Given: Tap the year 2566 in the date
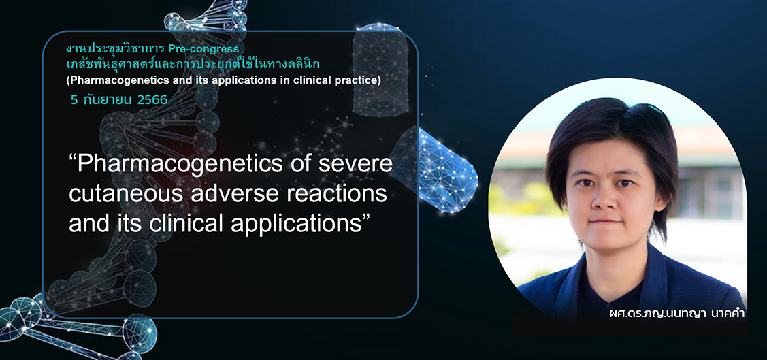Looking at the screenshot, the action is point(152,100).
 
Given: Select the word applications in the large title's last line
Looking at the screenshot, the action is point(282,223).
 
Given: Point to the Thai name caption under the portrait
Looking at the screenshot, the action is point(676,314).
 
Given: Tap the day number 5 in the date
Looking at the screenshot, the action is point(74,100).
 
